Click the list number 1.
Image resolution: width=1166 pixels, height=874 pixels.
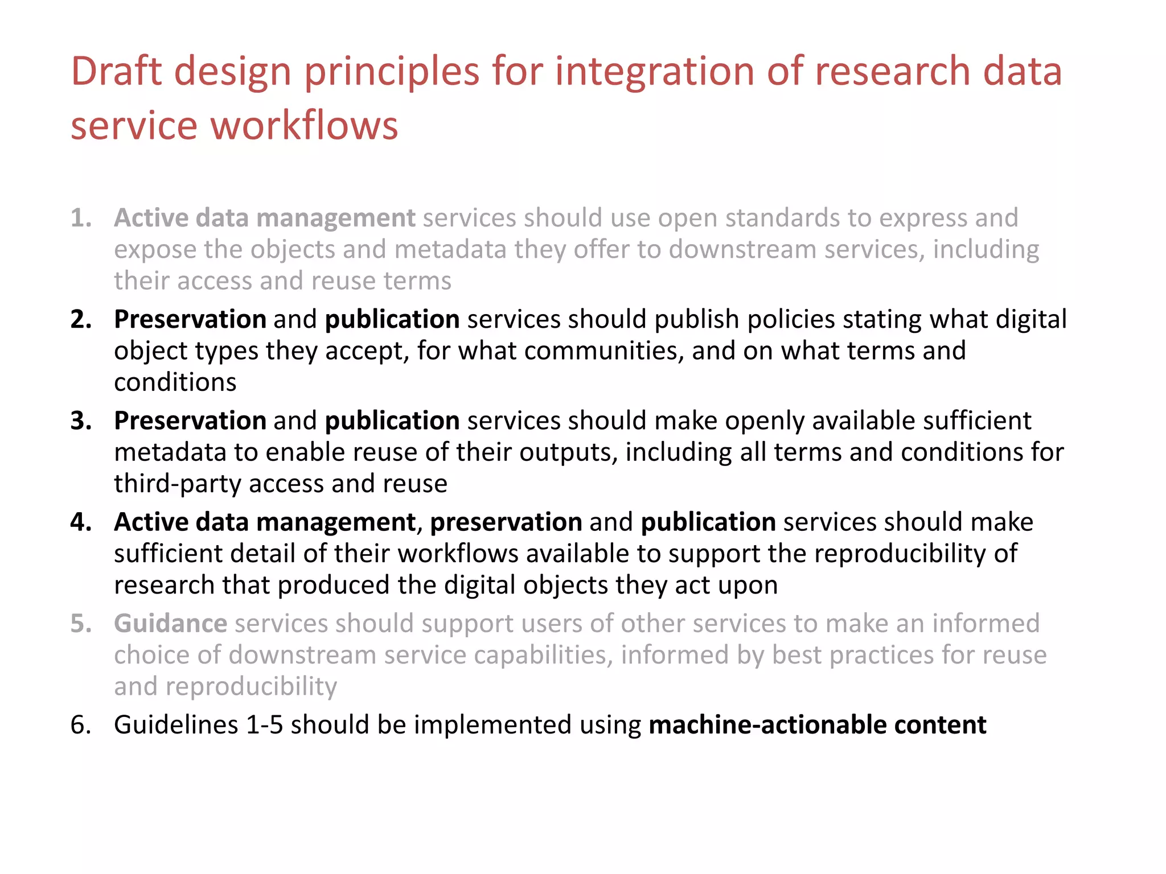click(81, 218)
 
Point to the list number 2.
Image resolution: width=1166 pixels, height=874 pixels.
click(81, 319)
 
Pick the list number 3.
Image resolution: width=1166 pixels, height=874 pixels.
click(81, 420)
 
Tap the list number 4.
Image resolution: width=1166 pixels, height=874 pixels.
click(81, 522)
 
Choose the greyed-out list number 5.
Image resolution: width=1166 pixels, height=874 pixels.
click(81, 623)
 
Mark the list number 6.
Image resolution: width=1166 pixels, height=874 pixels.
click(81, 724)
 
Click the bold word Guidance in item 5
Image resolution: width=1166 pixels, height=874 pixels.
click(171, 623)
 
